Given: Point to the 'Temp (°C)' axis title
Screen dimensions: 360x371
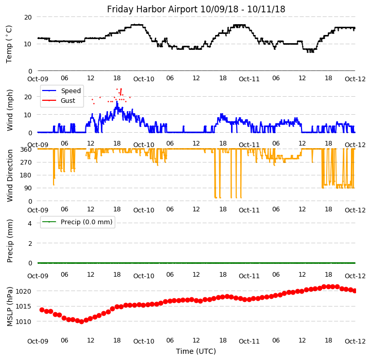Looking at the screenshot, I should tap(9, 44).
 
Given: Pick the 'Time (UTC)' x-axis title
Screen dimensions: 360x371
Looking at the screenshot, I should tap(196, 351).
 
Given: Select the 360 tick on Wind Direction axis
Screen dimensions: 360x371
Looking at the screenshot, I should tap(26, 150).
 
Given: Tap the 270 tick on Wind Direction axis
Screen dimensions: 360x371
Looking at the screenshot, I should tap(26, 163).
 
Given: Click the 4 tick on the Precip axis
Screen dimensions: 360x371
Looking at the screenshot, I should tap(30, 223).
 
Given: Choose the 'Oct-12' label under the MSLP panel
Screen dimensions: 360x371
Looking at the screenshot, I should tap(355, 341).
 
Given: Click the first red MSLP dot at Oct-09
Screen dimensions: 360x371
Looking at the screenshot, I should tap(42, 310).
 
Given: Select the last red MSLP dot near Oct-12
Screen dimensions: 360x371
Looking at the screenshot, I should tap(355, 291).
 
